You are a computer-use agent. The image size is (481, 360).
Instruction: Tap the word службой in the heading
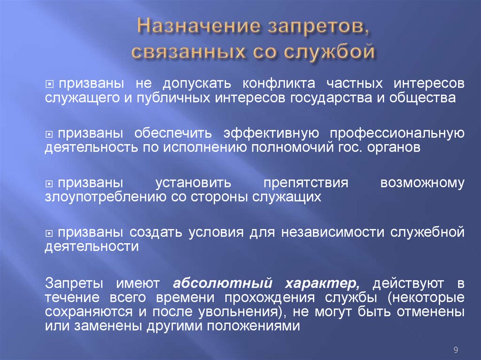click(x=329, y=51)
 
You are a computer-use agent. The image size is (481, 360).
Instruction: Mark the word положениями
click(x=254, y=326)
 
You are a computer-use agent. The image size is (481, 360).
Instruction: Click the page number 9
click(x=456, y=349)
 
